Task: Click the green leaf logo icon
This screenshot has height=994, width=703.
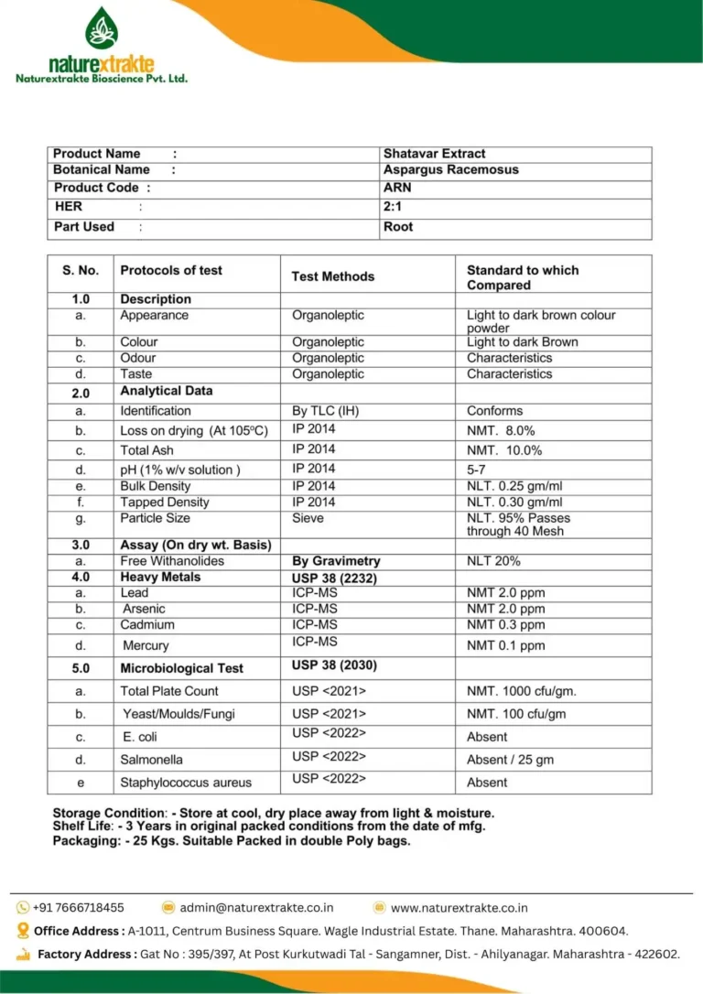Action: point(102,28)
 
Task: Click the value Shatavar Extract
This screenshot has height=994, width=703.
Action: point(434,154)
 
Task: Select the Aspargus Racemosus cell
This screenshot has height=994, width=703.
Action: point(450,169)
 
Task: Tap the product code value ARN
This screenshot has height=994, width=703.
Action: point(397,188)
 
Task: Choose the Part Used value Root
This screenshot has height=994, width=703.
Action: point(398,227)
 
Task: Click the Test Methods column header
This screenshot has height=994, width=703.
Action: point(332,276)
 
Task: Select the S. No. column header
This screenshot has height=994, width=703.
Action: point(81,271)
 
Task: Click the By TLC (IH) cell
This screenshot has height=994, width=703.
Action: point(326,411)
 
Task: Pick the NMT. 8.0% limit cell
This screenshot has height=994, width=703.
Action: point(501,430)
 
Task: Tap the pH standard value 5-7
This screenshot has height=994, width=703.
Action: point(477,470)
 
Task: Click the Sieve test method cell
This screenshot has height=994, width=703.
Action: point(308,518)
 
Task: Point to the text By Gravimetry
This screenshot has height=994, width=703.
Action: point(336,561)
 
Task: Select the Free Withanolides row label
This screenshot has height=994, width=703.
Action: point(172,561)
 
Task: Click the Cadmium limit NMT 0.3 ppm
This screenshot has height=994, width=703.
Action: point(505,625)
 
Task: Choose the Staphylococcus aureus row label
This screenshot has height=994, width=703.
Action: point(186,783)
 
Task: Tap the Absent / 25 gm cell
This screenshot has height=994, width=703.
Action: point(510,760)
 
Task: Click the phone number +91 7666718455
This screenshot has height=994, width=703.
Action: point(78,908)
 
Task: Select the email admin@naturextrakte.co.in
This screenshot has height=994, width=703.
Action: point(256,908)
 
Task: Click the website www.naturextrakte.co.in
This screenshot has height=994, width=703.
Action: point(459,908)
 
